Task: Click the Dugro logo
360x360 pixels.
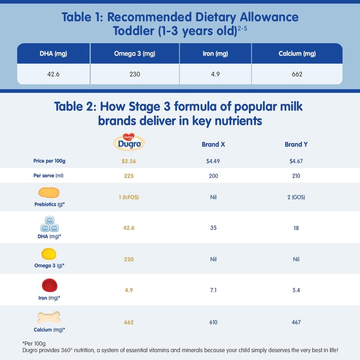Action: click(x=129, y=142)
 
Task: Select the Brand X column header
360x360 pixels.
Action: click(x=213, y=144)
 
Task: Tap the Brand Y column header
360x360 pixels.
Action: click(x=296, y=144)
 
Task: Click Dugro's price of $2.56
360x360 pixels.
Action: click(x=129, y=161)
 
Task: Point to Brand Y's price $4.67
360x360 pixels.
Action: click(x=296, y=161)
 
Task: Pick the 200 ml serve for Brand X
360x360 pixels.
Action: click(x=213, y=176)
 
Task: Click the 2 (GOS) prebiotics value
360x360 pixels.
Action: click(x=296, y=197)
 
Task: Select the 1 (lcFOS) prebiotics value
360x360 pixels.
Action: click(x=129, y=197)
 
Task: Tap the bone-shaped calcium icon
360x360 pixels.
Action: click(x=49, y=317)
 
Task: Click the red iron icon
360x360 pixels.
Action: click(x=49, y=285)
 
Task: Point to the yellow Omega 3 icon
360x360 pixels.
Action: click(x=49, y=254)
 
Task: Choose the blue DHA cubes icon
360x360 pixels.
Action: click(x=49, y=224)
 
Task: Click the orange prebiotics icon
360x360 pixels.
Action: click(x=49, y=192)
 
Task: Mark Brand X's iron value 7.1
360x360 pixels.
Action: click(x=213, y=290)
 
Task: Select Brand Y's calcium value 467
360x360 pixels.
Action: click(x=296, y=322)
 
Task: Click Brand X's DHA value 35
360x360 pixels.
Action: click(x=213, y=228)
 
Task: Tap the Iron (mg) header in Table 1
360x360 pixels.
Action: click(x=216, y=53)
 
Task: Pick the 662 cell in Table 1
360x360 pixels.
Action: click(x=297, y=74)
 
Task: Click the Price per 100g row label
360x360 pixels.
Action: click(x=49, y=161)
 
